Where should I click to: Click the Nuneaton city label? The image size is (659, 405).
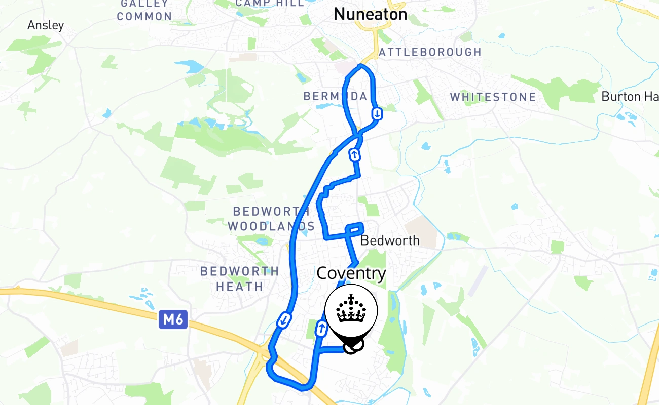point(370,14)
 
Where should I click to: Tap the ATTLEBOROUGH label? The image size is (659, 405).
point(430,52)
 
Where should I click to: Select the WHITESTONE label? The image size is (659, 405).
point(493,97)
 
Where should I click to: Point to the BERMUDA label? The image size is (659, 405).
point(335,96)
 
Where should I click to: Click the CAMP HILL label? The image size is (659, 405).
point(270,3)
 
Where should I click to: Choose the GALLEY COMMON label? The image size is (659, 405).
point(144,10)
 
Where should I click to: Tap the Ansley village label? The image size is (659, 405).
point(46,25)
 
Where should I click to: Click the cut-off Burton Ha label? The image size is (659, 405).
point(629,96)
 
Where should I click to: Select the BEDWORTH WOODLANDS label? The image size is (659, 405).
point(271,219)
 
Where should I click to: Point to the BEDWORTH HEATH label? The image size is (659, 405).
point(239,279)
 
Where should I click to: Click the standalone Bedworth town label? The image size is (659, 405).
point(390,240)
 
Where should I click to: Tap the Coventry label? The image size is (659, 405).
point(351,274)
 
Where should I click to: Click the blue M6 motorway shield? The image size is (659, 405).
point(173,319)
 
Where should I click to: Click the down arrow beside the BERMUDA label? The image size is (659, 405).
point(377,113)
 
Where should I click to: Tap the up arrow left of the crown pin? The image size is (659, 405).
point(321,329)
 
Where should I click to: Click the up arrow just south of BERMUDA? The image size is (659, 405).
point(355,154)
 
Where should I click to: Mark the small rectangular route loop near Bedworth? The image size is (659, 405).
point(354,229)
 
